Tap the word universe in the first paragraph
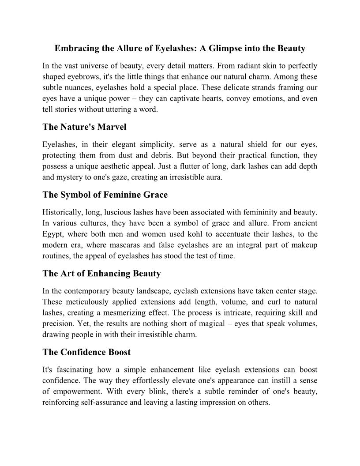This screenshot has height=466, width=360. coord(92,66)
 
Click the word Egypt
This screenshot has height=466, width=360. coord(52,234)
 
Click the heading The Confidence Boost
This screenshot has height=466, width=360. coord(86,352)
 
